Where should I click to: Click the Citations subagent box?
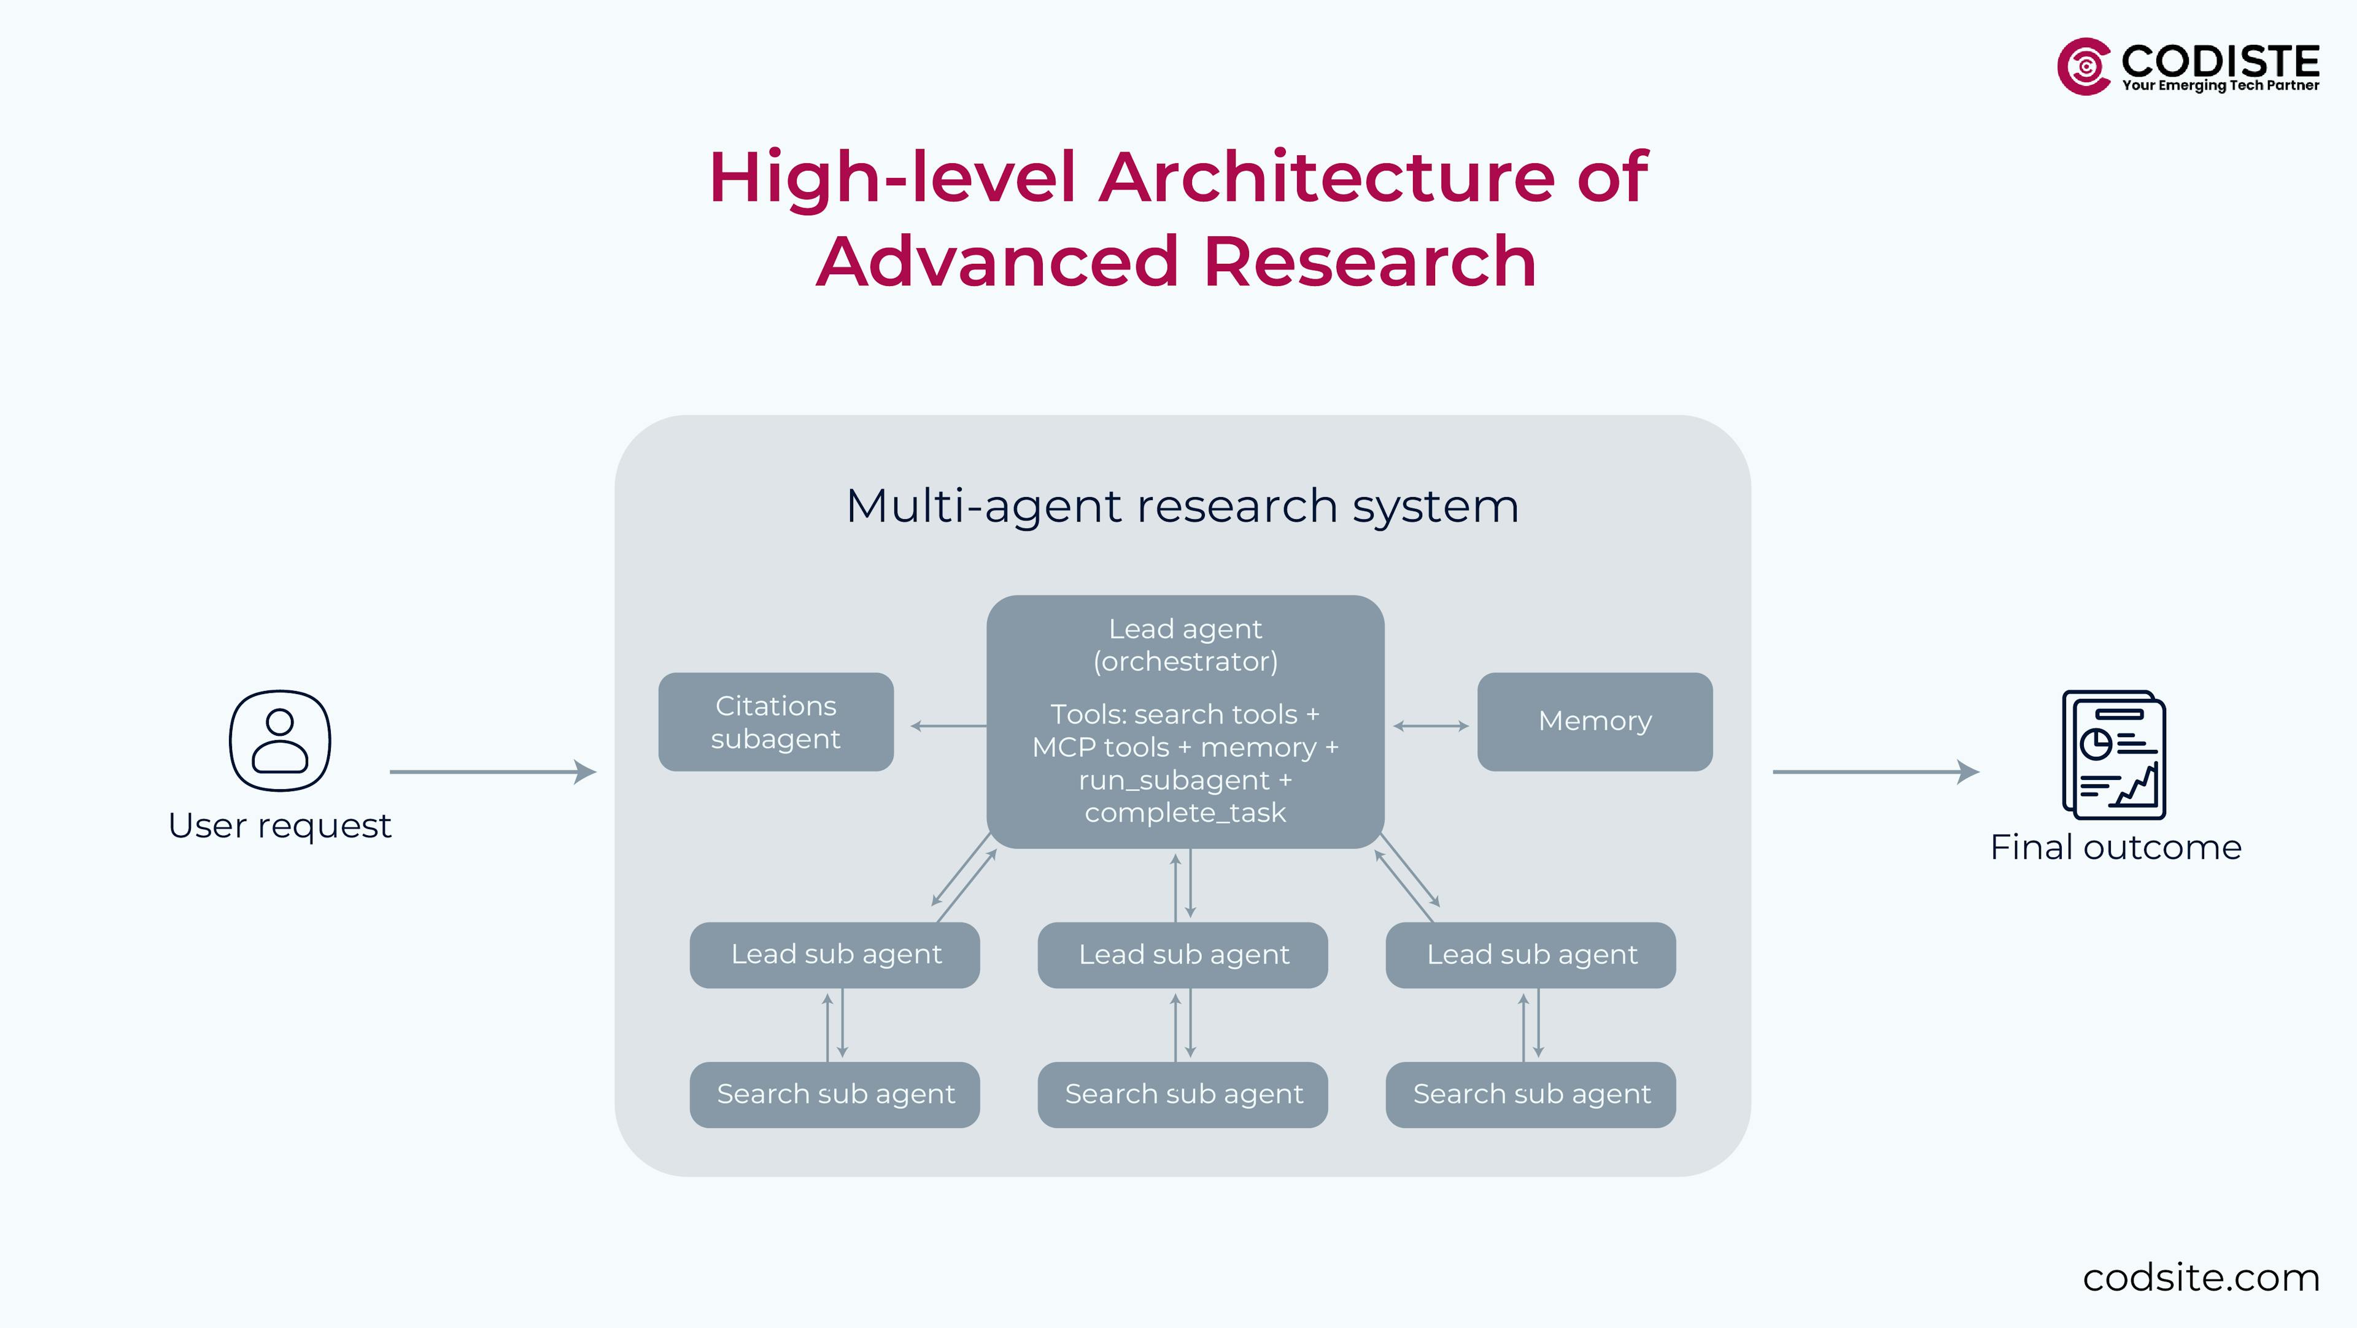776,722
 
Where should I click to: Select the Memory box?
1595,722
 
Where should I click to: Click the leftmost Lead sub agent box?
835,955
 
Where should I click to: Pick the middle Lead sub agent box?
1182,955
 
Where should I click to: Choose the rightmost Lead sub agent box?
1531,955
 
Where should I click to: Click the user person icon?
280,740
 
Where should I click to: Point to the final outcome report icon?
2113,755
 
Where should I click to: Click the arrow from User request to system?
492,772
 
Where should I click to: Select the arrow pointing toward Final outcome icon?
1876,772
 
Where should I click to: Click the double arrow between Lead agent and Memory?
1431,726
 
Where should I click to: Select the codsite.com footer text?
2200,1278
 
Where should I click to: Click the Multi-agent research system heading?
1182,506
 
